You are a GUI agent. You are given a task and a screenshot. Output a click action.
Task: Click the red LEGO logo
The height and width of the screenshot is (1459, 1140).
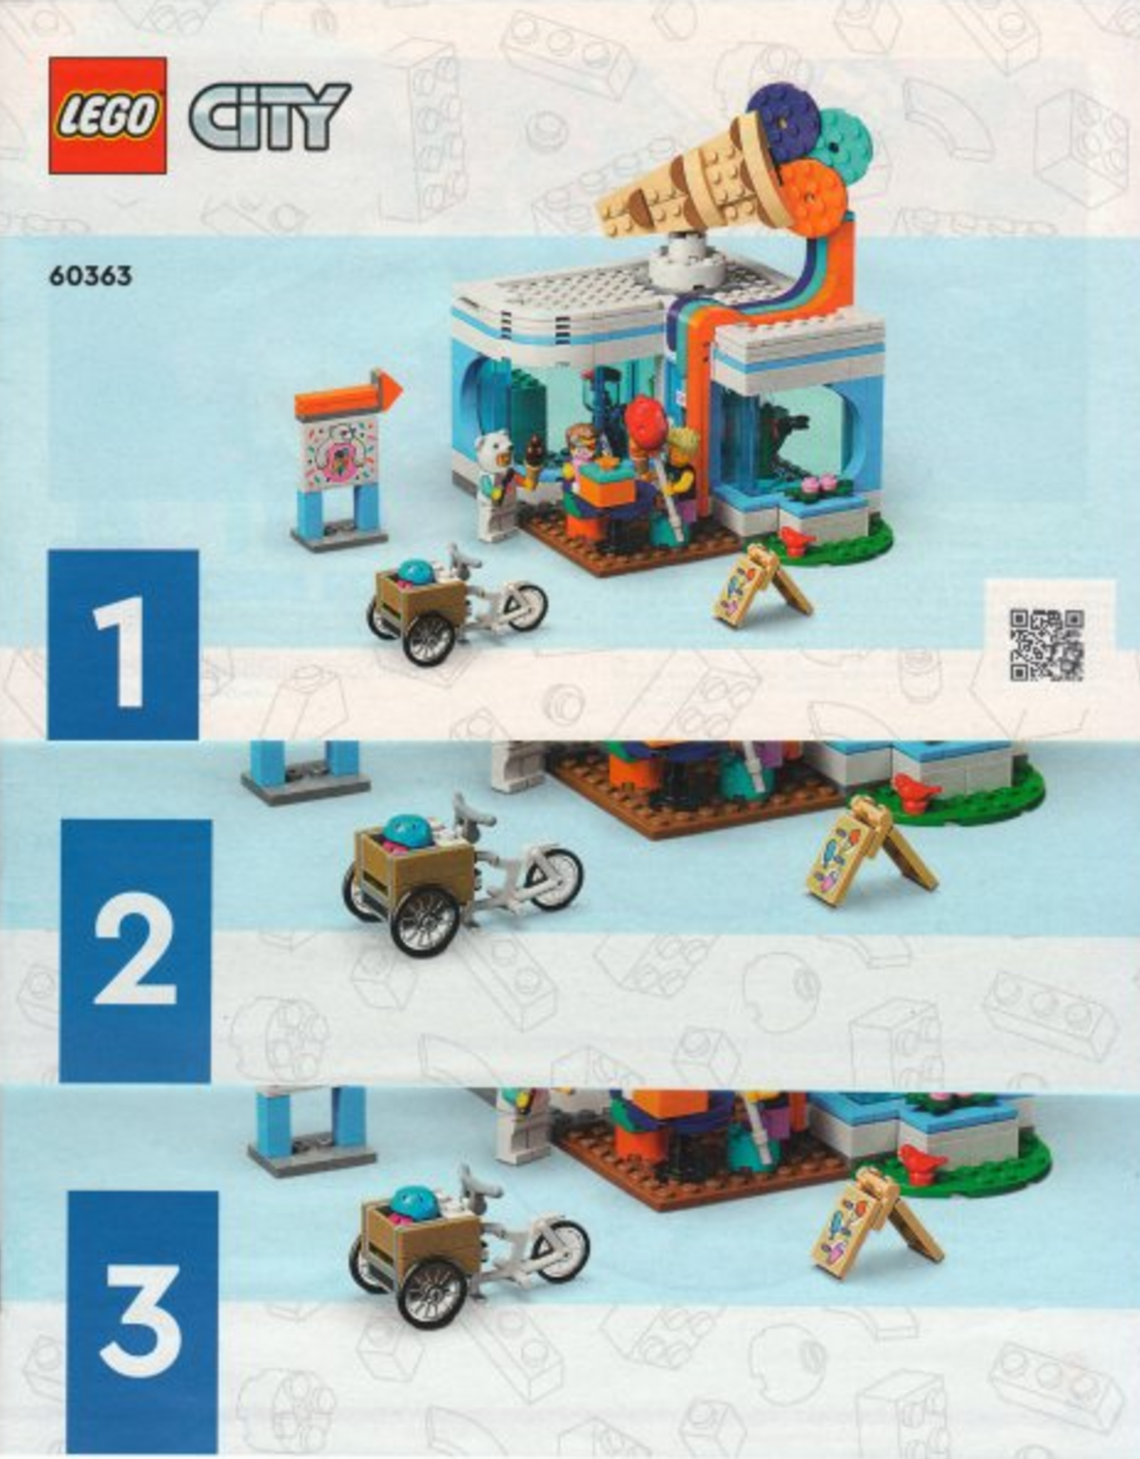[108, 115]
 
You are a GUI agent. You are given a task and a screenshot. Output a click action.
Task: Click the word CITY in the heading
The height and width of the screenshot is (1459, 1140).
[270, 115]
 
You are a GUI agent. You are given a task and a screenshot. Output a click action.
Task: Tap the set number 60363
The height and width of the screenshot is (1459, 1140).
[90, 276]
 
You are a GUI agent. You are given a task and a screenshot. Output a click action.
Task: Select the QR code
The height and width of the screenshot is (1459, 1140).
[1047, 645]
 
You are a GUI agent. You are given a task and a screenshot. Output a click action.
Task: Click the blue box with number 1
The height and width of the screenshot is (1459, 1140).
[123, 645]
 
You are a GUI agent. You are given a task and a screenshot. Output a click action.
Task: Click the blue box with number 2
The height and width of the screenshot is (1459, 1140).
[135, 950]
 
